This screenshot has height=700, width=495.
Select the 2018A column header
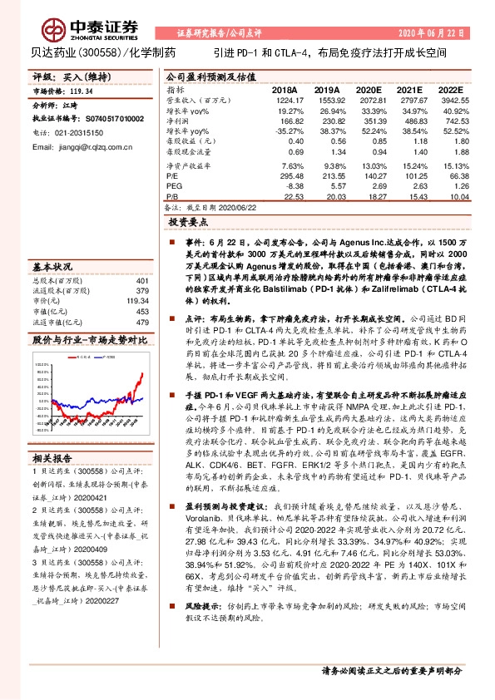tap(284, 88)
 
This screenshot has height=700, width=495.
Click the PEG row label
tap(174, 186)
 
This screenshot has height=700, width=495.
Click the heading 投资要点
tap(188, 223)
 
